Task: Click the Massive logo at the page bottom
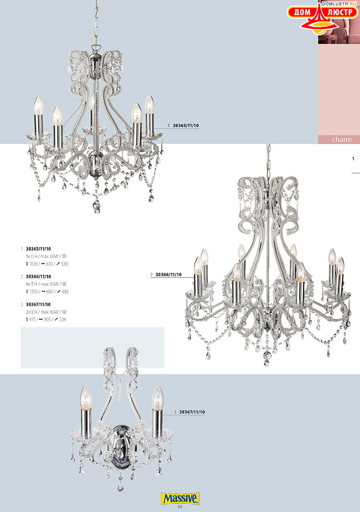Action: pos(180,498)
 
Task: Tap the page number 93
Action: pos(180,507)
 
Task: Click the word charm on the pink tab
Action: pos(342,139)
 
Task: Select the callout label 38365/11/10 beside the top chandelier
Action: pos(186,125)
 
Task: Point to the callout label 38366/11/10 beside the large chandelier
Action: pos(168,275)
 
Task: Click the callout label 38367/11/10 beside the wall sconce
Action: pos(192,412)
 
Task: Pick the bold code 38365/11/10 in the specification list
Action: pos(38,249)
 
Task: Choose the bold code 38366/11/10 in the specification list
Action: pos(38,277)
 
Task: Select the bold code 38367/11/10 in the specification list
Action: pos(38,305)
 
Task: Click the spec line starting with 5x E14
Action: pos(46,256)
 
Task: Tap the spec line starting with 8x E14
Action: pos(46,284)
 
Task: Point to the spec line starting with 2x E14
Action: pos(46,312)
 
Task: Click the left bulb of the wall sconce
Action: pos(86,397)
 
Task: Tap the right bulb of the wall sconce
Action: pos(157,398)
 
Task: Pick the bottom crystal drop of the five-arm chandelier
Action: pos(96,207)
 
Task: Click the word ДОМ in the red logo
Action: pos(302,12)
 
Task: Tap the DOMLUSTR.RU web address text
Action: pos(339,3)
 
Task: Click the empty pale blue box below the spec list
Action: pos(92,347)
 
